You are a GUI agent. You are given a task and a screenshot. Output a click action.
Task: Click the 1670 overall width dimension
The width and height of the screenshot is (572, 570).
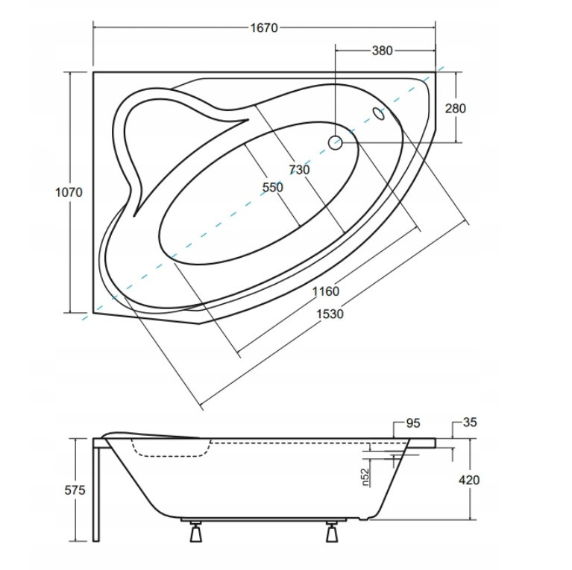coord(264,28)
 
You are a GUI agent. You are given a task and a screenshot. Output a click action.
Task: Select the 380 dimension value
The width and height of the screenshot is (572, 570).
coord(383,51)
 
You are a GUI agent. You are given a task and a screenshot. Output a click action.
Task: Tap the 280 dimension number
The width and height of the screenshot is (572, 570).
coord(456,108)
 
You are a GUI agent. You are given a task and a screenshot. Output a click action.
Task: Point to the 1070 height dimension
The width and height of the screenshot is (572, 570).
coord(69,192)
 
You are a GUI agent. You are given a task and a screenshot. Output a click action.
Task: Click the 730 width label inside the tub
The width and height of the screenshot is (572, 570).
coord(299,169)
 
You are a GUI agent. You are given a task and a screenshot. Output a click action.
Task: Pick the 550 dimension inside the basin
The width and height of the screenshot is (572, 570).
coord(273,187)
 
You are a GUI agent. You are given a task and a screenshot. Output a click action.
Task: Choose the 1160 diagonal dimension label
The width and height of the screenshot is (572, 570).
coord(326,291)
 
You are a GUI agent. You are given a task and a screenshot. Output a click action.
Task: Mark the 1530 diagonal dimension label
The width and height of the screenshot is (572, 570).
coord(330,314)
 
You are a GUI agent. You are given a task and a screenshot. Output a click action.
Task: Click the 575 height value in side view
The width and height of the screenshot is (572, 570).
coord(75,490)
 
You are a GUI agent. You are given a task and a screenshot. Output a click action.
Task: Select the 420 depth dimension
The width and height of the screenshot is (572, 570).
coord(469,480)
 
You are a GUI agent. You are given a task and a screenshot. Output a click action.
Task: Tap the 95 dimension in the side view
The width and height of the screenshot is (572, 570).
coord(413,423)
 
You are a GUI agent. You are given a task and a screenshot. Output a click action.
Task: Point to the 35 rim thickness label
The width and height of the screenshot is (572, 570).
coord(470,422)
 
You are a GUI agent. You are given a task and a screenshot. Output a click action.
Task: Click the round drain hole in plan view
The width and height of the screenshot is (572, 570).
coord(335,142)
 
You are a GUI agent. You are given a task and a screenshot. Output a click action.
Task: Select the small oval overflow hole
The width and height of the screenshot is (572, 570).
coord(378,114)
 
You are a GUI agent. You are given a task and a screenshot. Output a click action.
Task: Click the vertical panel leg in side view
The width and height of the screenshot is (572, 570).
coord(96,490)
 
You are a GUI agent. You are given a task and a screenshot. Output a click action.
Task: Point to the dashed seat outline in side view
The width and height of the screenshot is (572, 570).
coord(172,449)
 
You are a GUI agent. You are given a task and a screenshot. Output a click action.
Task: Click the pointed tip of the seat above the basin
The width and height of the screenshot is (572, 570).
coord(248,119)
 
